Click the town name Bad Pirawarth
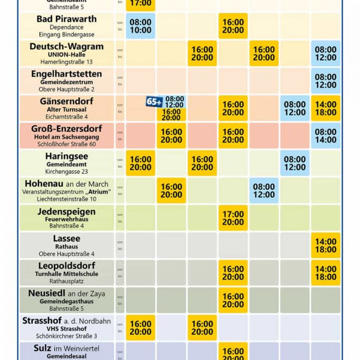[x=67, y=19]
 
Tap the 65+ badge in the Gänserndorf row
[x=154, y=102]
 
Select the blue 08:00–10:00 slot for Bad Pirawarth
[x=140, y=26]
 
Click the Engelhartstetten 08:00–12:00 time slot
[x=325, y=81]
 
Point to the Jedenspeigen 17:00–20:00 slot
[x=233, y=218]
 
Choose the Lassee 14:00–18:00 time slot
[x=325, y=246]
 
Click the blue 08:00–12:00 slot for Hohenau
[x=264, y=191]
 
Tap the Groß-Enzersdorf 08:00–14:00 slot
[x=325, y=136]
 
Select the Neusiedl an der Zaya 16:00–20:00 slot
[x=233, y=300]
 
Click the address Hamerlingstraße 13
[x=66, y=62]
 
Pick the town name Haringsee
[x=66, y=156]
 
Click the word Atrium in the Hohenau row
[x=98, y=192]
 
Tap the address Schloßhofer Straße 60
[x=66, y=144]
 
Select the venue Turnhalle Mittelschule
[x=66, y=274]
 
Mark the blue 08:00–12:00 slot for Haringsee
[x=295, y=163]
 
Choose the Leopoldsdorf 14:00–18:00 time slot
[x=325, y=273]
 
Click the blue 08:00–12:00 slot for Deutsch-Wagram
[x=325, y=53]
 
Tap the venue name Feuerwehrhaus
[x=66, y=219]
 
